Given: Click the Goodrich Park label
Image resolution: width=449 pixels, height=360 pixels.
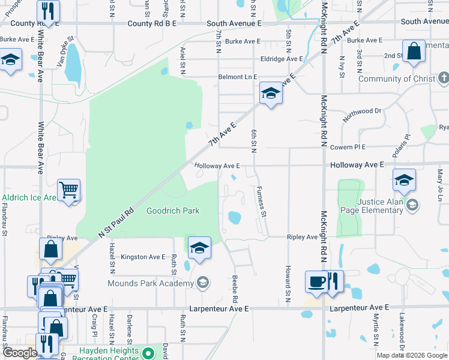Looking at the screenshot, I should click(173, 211).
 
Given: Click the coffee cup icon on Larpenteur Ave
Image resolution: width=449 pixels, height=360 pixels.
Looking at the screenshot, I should click(316, 281).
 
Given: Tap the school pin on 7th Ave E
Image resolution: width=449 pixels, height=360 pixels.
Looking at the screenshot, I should click(271, 94).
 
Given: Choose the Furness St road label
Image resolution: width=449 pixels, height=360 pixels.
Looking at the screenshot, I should click(262, 201).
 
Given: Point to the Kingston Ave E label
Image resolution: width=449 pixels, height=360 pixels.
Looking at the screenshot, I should click(143, 257).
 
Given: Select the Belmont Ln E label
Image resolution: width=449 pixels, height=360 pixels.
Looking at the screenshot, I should click(237, 77).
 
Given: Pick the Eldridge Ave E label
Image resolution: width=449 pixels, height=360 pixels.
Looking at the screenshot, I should click(282, 59).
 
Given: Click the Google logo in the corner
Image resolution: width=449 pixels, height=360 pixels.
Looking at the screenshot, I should click(20, 353).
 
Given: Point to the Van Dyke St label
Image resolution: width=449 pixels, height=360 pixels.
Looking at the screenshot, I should click(65, 51).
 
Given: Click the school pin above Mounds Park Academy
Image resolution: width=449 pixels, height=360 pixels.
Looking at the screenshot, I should click(199, 247).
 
